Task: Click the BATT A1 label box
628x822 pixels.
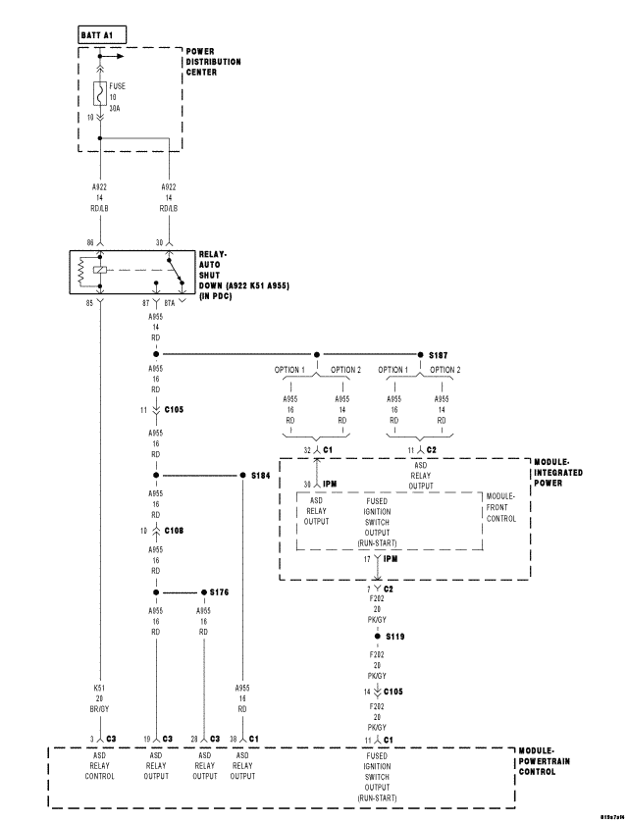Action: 100,34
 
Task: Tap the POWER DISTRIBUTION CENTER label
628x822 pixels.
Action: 213,61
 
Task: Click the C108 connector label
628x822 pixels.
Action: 173,530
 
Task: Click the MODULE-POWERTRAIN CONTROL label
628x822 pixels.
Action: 556,759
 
